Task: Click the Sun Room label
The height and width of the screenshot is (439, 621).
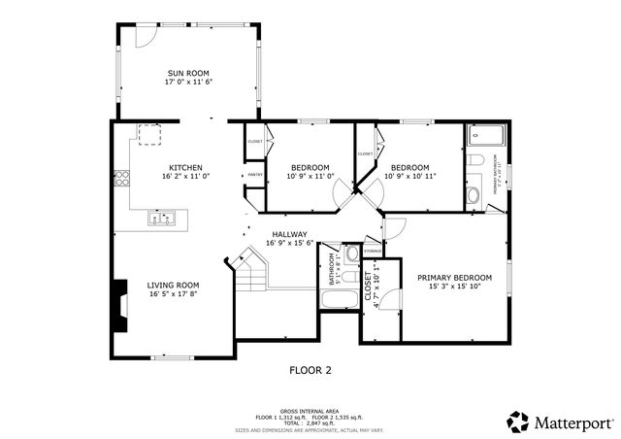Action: coord(187,73)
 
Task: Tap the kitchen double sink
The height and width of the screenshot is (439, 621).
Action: coord(161,219)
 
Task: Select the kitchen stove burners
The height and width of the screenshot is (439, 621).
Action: coord(123,178)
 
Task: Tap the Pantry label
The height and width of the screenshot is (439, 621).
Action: coord(254,175)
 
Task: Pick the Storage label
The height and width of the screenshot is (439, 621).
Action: coord(373,252)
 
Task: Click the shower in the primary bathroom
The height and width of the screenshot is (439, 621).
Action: coord(481,136)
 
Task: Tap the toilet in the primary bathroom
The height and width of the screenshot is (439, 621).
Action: coord(473,160)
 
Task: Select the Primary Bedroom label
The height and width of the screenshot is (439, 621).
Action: coord(454,278)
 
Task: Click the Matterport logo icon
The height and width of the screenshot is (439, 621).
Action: coord(517,422)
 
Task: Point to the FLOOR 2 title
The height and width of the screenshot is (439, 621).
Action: coord(310,370)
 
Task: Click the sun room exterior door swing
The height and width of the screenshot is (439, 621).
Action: coord(145,35)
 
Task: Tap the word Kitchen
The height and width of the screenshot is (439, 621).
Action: coord(185,167)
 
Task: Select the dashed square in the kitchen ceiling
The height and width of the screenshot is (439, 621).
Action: coord(151,135)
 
